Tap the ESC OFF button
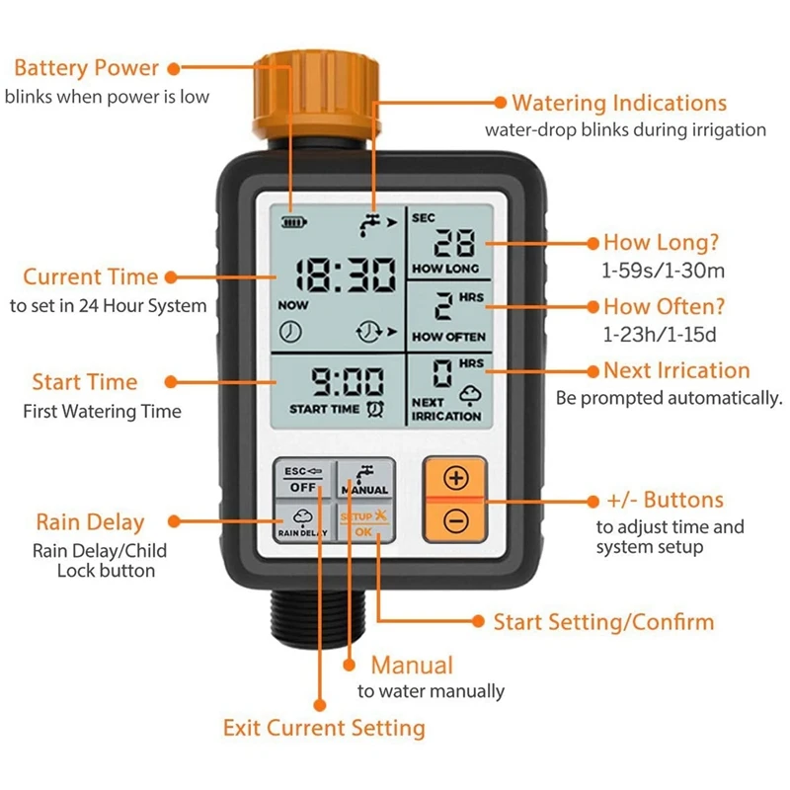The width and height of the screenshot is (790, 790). coord(302,480)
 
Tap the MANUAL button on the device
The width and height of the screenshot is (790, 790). coord(364,480)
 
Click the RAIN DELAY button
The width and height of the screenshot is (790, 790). coord(302,522)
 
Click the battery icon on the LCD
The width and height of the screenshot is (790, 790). coord(293,222)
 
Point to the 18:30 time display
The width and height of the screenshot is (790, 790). coord(335,275)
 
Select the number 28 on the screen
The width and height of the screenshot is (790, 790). coord(454,243)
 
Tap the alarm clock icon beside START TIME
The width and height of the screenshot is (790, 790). coord(375,408)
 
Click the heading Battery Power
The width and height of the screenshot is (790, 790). coord(86,68)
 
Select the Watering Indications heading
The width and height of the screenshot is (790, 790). coord(619,103)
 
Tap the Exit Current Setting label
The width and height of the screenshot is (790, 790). coord(324,729)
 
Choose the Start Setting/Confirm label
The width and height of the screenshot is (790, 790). coord(603,622)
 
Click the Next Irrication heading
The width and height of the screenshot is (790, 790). coord(676,371)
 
